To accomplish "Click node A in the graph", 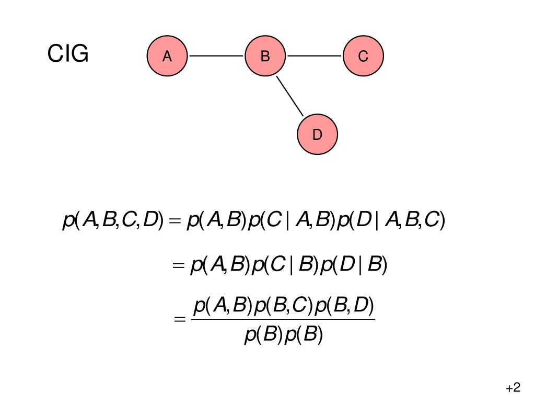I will [167, 56].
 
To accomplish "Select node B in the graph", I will [265, 56].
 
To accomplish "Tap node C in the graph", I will [363, 56].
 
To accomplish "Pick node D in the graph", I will [317, 135].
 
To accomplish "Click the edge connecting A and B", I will [216, 56].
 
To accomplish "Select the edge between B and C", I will [315, 56].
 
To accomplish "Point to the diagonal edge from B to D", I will [290, 96].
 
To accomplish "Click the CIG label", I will [68, 54].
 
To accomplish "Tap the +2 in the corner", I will [513, 388].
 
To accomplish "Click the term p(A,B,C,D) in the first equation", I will [113, 220].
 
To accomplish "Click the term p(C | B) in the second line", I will [285, 265].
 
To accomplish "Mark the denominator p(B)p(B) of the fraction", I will [284, 334].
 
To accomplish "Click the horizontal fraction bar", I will [283, 320].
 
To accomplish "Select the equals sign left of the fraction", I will [180, 320].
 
